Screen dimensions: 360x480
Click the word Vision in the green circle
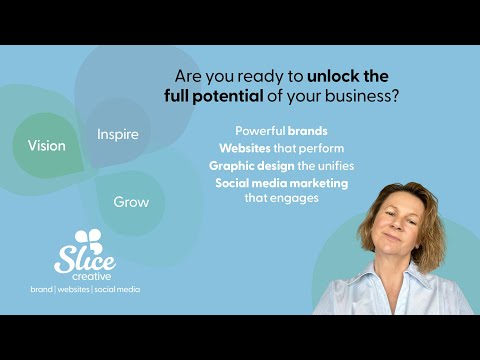click(46, 145)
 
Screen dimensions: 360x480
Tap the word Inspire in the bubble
click(117, 134)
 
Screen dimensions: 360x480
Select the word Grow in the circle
click(130, 202)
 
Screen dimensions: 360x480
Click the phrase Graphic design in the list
click(248, 165)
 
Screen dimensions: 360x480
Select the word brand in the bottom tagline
click(42, 289)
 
